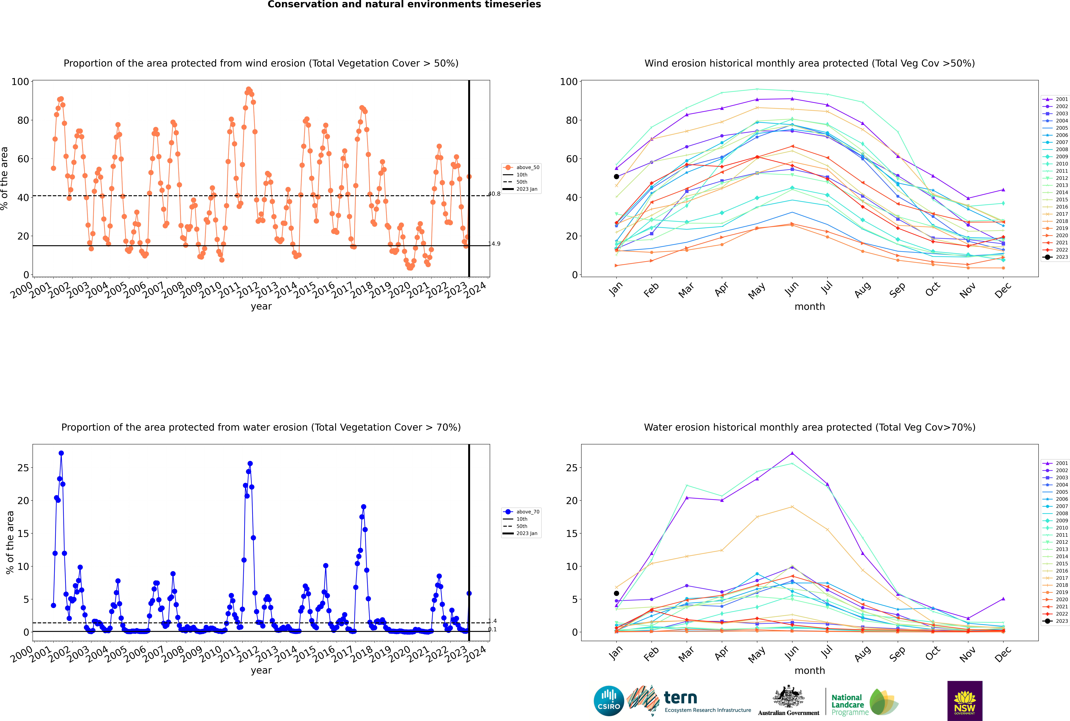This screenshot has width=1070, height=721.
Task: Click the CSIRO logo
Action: pos(609,701)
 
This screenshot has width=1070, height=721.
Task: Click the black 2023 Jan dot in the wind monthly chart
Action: pos(616,177)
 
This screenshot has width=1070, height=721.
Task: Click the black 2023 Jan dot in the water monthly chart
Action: pos(616,593)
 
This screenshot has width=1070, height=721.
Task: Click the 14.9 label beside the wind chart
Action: pos(495,244)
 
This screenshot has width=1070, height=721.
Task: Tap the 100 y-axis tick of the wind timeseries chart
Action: pos(20,82)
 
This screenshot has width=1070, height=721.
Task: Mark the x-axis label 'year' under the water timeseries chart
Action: pos(261,670)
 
